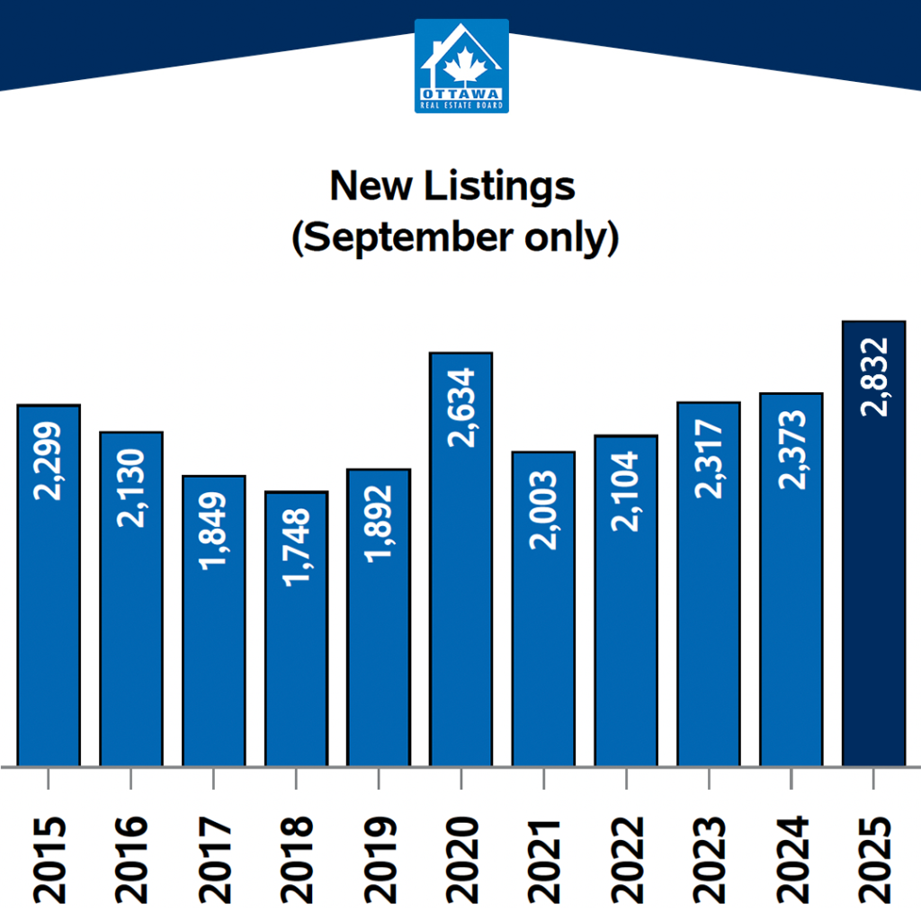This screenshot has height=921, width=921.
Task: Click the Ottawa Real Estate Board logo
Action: point(461,66)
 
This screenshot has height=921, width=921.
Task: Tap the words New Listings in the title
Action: point(452,186)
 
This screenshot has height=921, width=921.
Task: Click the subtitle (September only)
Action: point(455,239)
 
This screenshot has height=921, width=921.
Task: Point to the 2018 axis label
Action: point(296,860)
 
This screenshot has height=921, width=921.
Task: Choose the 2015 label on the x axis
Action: point(49,860)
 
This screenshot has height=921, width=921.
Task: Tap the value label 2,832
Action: point(873,377)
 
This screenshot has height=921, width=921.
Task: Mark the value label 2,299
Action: point(49,460)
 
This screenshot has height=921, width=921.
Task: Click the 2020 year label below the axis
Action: point(461,860)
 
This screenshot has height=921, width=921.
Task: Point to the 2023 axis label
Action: point(709,860)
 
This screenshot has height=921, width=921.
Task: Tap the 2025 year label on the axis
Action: point(873,860)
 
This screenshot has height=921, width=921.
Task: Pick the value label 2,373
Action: point(791,450)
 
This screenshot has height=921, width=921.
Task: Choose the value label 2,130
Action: point(131,487)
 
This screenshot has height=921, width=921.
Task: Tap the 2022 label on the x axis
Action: point(626,860)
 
